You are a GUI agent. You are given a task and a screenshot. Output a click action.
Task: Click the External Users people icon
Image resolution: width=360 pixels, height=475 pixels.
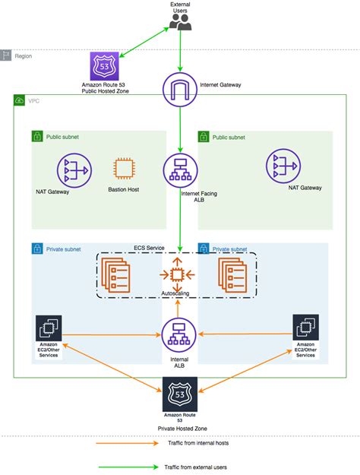point(179,23)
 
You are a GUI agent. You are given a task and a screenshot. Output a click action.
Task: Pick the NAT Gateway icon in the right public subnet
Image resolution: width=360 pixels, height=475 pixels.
point(283,168)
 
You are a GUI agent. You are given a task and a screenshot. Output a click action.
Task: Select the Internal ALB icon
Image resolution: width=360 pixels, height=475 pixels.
point(179,334)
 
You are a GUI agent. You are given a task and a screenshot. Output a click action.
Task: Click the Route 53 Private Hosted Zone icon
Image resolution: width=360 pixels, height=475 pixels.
point(179,394)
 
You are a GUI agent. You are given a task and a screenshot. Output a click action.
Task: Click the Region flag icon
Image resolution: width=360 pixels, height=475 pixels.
point(7,55)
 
